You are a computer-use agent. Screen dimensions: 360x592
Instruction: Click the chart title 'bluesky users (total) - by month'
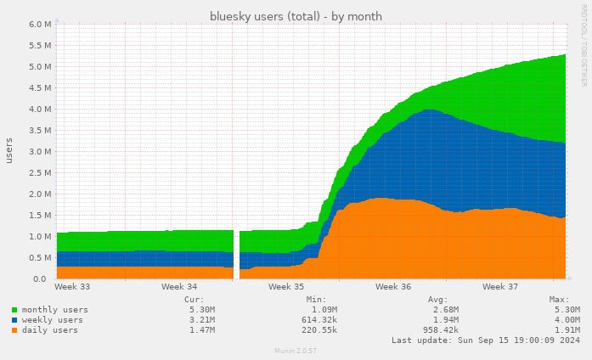(x=296, y=16)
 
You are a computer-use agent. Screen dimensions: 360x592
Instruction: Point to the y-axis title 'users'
(x=9, y=150)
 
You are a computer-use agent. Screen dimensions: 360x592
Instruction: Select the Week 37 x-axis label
(x=500, y=287)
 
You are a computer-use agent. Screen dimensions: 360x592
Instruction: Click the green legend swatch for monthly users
(x=15, y=310)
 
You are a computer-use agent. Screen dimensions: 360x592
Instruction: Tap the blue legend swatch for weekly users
(x=15, y=320)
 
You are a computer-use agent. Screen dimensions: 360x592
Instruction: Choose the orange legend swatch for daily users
(x=15, y=330)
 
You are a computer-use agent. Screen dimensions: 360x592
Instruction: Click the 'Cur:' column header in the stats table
(x=193, y=300)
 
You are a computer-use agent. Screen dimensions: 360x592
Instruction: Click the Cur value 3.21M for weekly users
(x=200, y=320)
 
